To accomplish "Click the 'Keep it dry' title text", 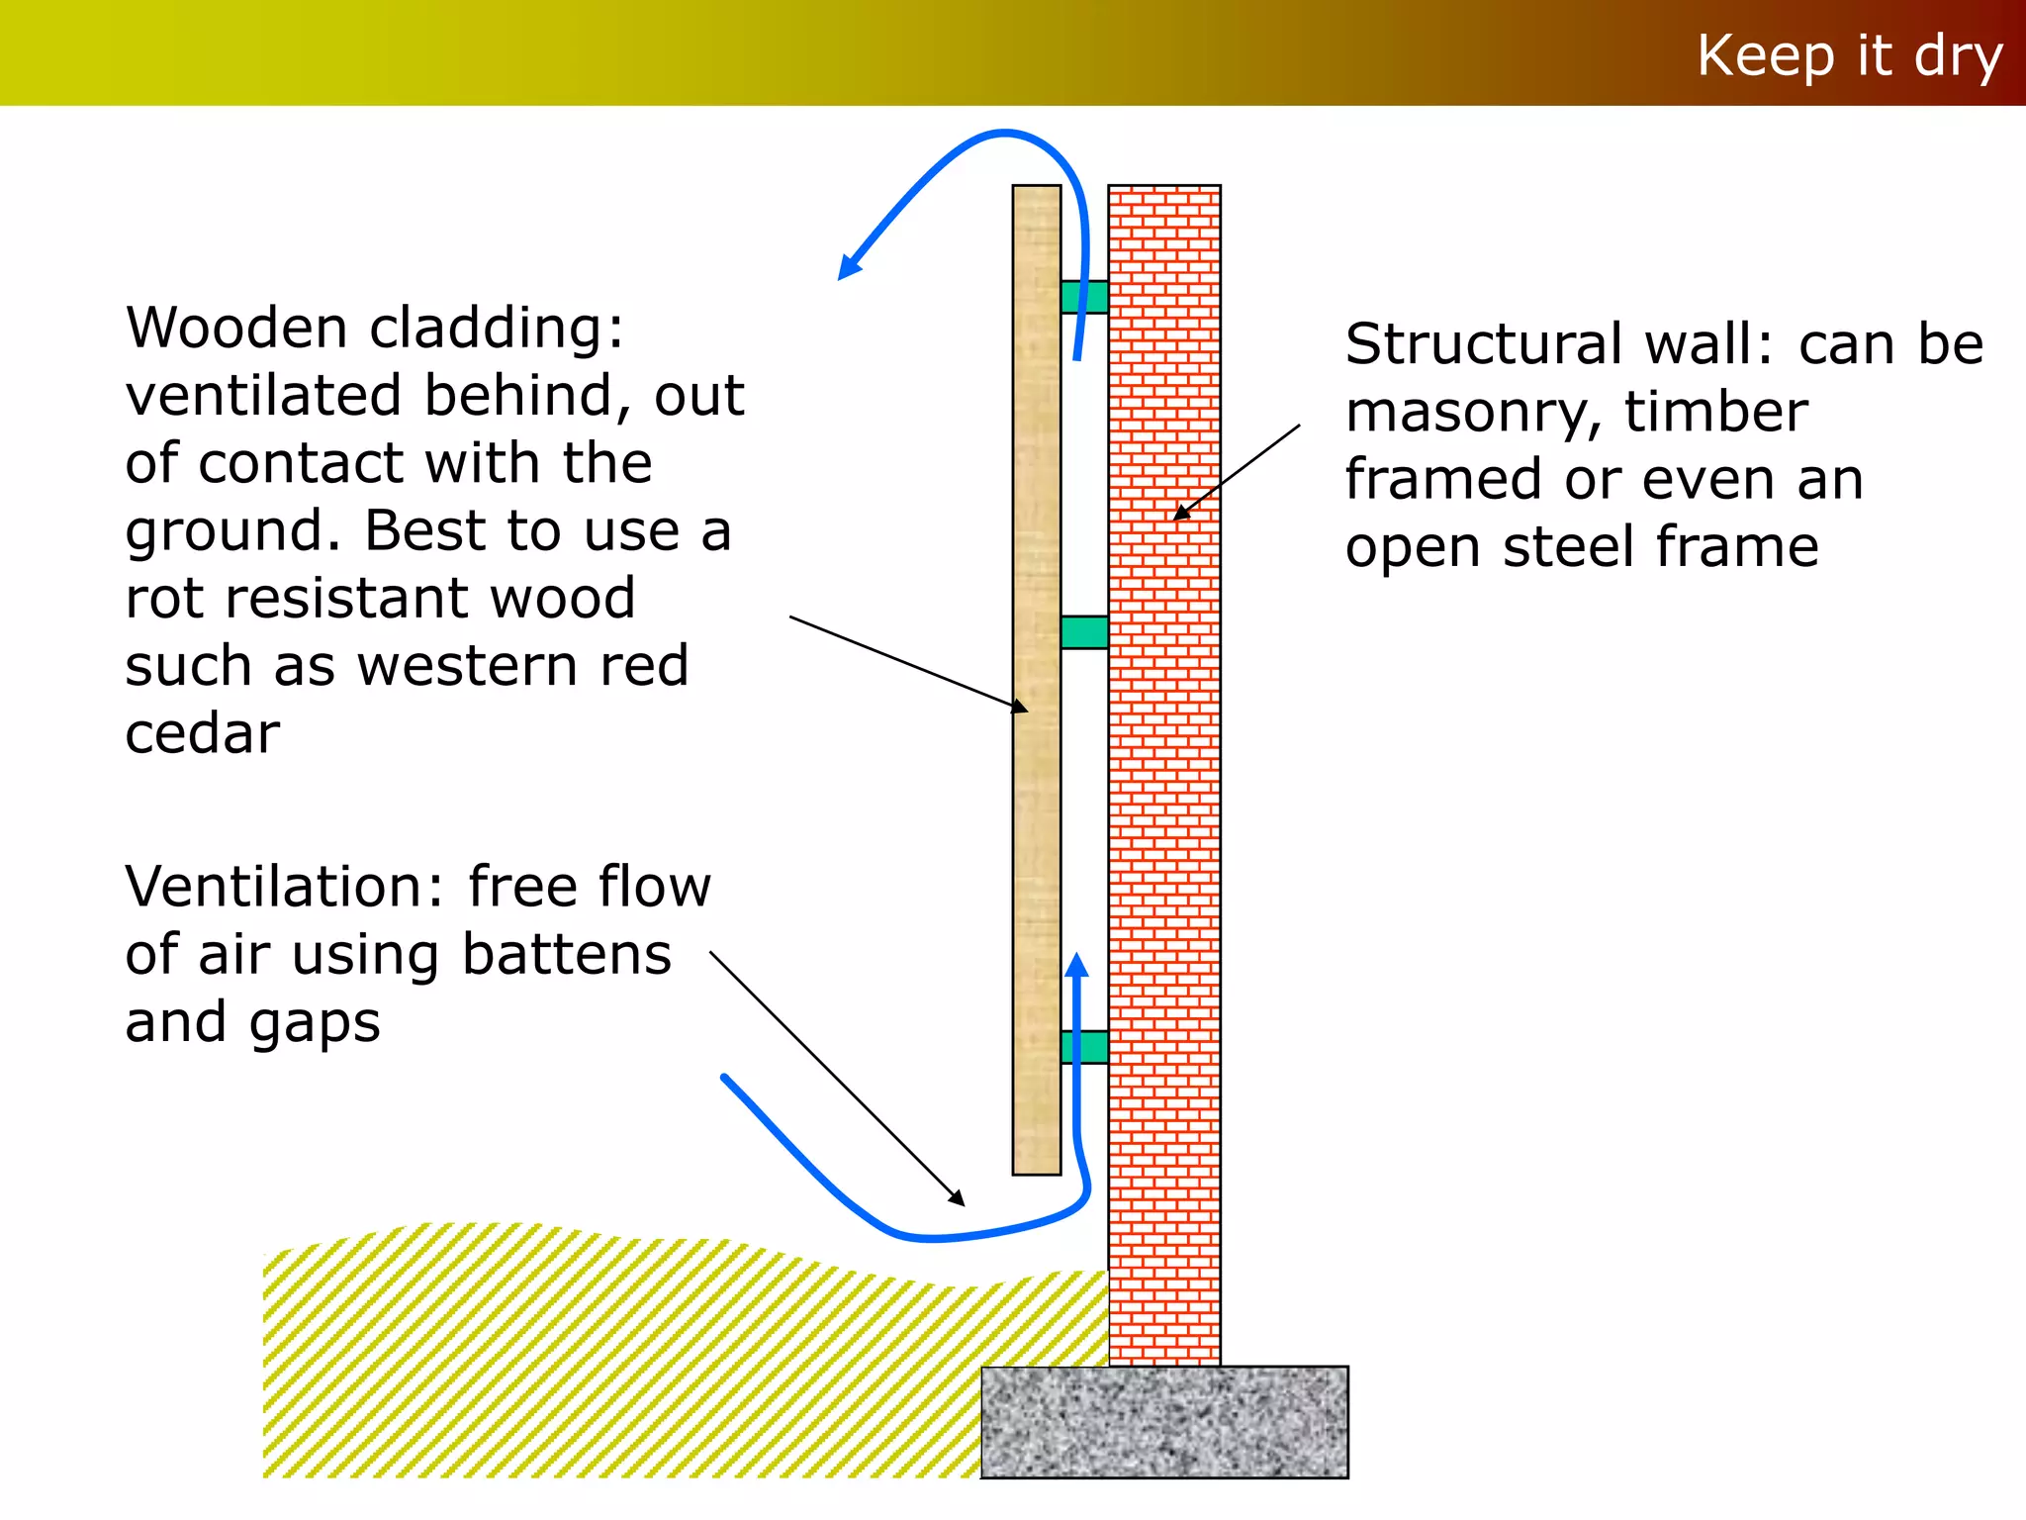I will [x=1849, y=56].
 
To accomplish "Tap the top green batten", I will [x=1084, y=297].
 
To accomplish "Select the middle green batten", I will [x=1084, y=632].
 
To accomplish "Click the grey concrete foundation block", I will [x=1164, y=1422].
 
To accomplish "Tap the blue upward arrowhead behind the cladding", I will [x=1077, y=965].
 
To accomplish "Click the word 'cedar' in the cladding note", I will [x=203, y=734].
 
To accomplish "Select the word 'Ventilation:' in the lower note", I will [x=286, y=887].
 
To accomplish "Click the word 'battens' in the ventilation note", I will [x=567, y=955].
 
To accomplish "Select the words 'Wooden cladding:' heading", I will [x=375, y=329].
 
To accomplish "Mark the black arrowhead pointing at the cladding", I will [x=1020, y=707].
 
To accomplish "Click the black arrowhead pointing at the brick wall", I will [x=1181, y=513].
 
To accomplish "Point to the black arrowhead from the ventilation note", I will [x=956, y=1197].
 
